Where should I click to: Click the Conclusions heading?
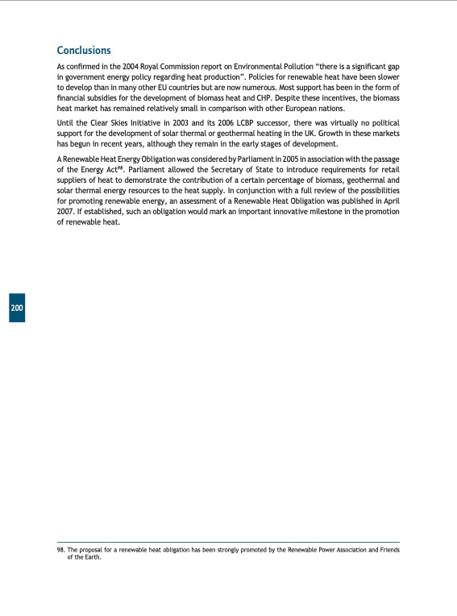pyautogui.click(x=84, y=51)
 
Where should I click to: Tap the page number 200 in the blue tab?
pyautogui.click(x=17, y=308)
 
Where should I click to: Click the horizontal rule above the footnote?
pyautogui.click(x=228, y=543)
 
